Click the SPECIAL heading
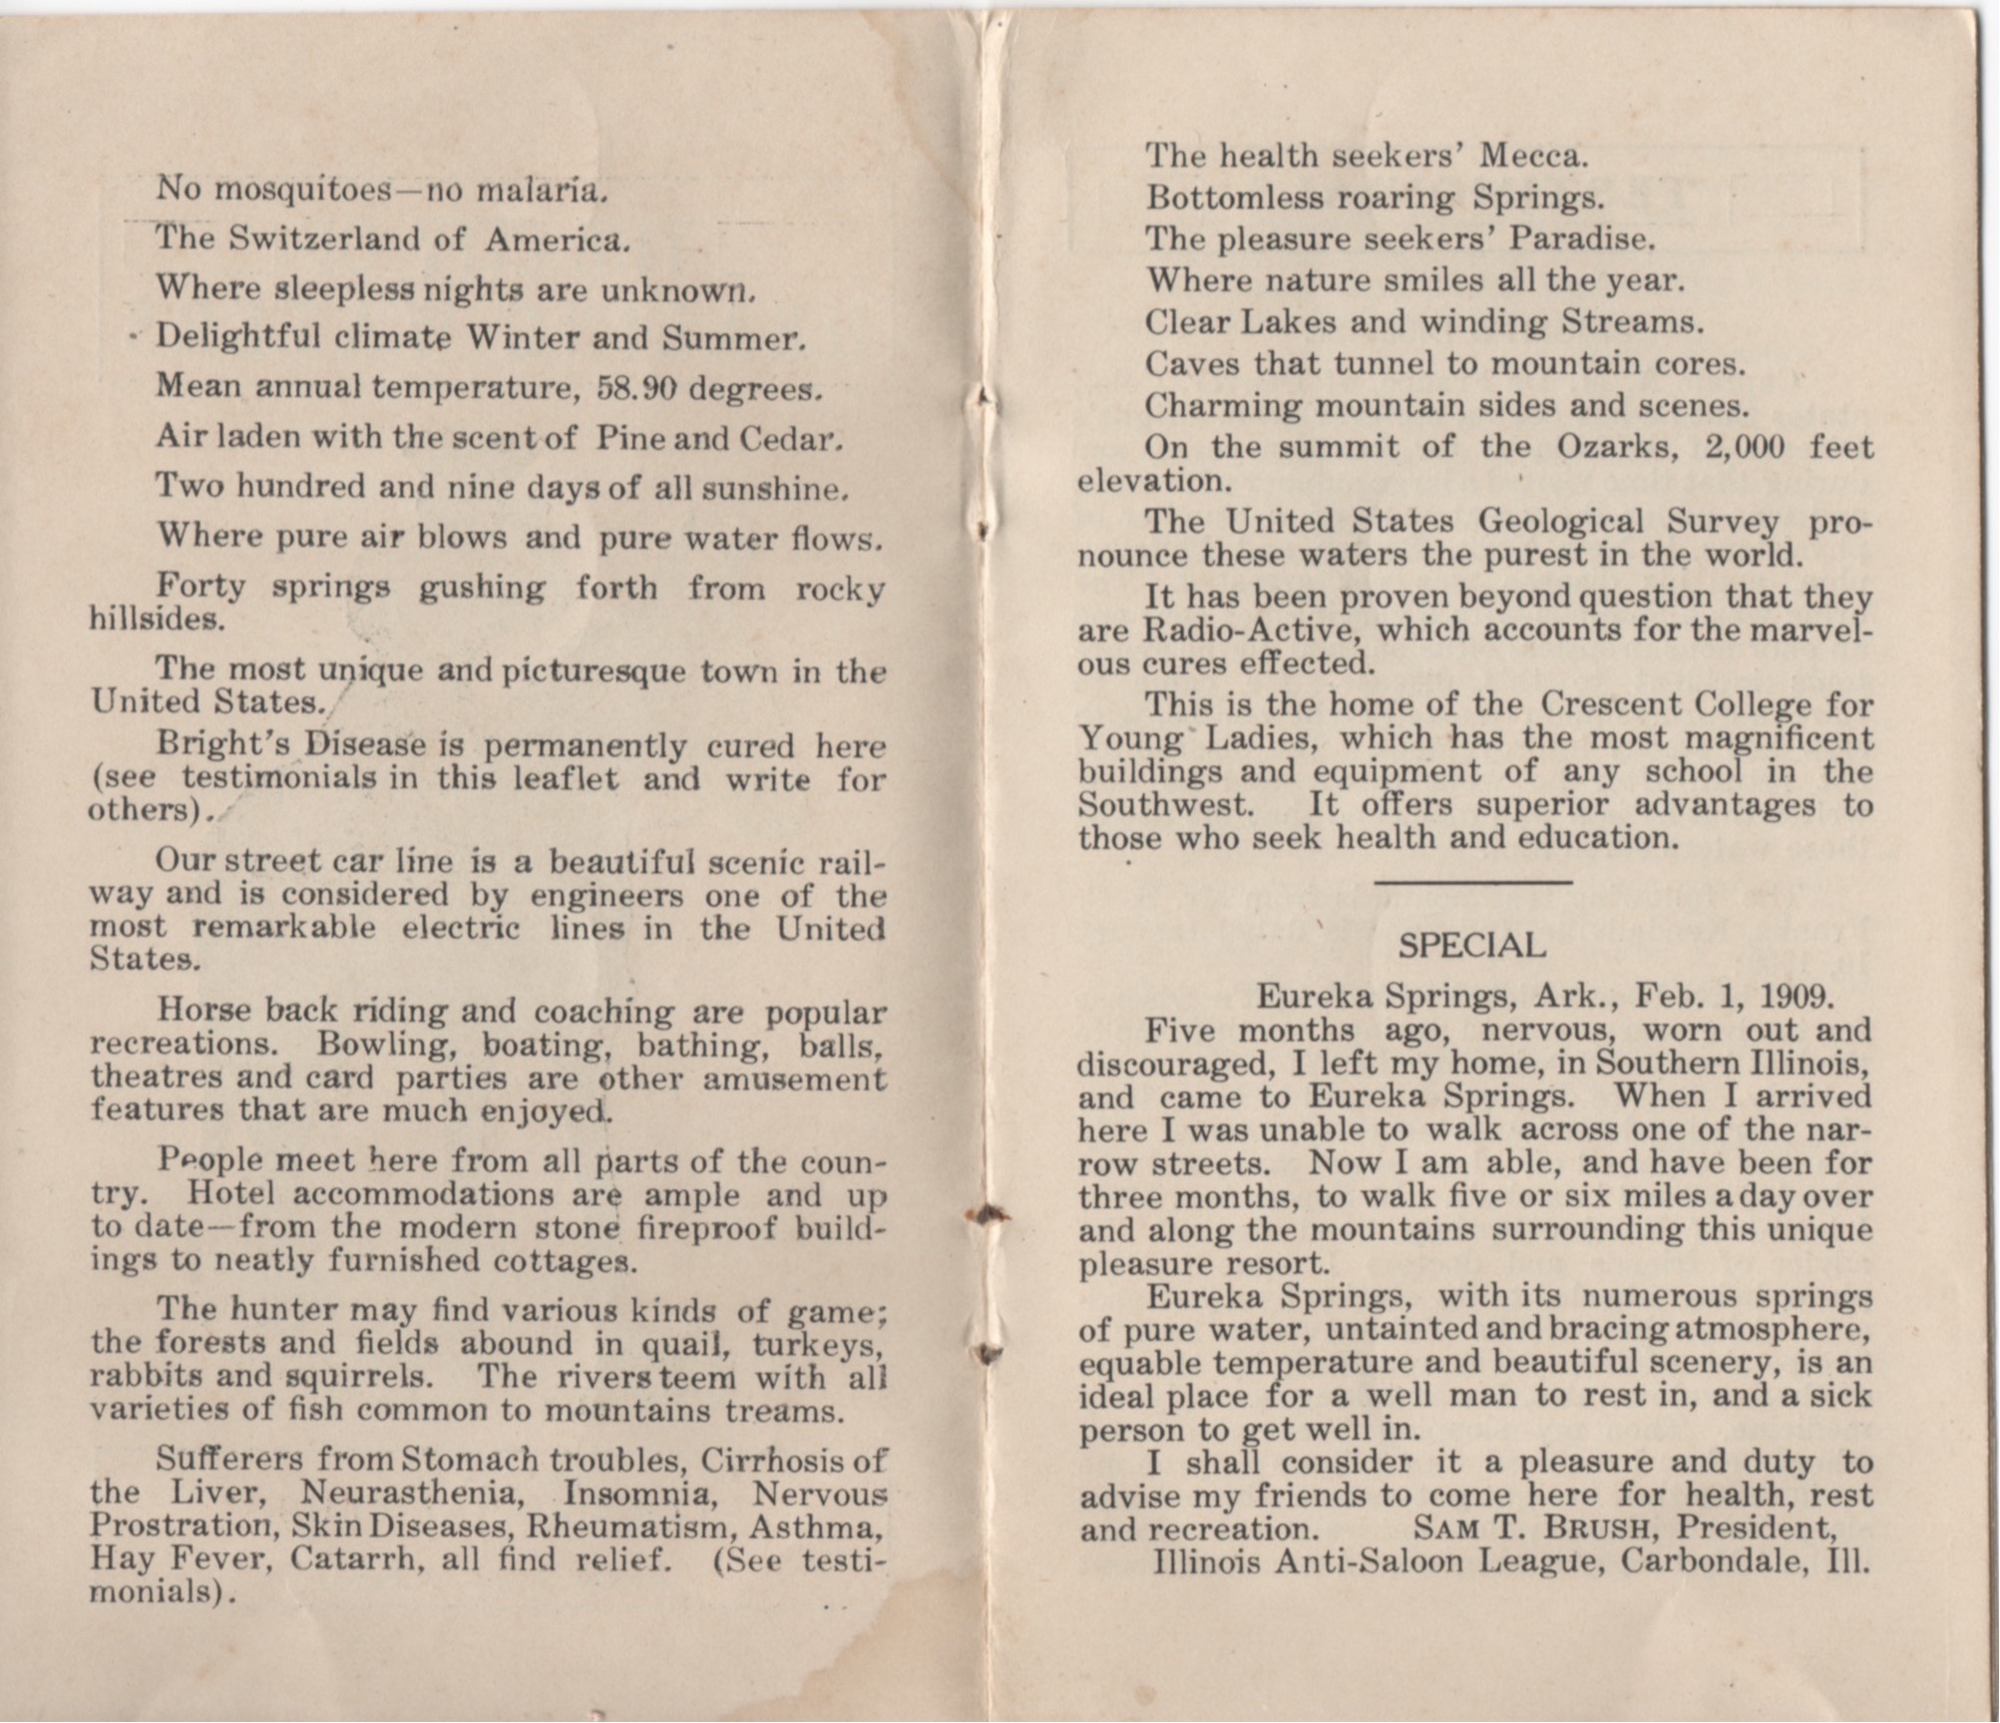1472,944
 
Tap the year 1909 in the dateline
1795,996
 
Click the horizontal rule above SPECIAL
1473,882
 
